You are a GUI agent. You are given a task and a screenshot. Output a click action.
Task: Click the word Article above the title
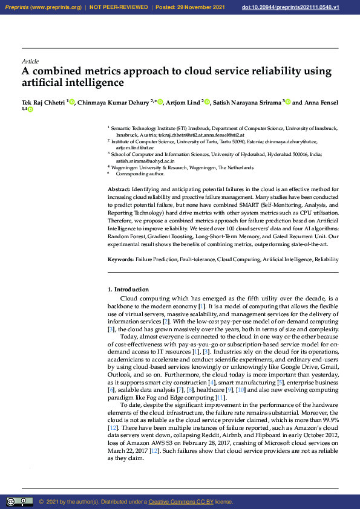coord(30,62)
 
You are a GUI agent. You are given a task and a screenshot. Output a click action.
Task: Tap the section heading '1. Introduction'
coord(128,290)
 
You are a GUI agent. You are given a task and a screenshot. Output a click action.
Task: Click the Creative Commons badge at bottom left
coord(19,502)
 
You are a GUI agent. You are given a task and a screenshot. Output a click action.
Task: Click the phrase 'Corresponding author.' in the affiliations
coord(140,173)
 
